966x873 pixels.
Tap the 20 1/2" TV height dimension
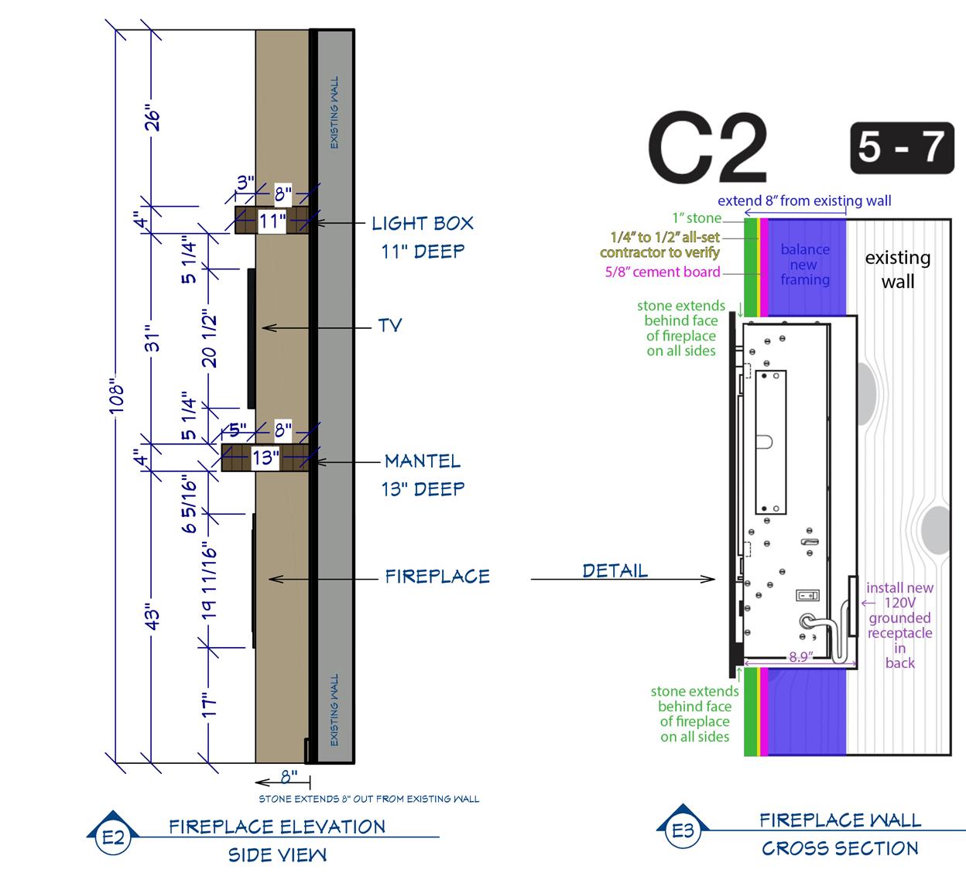coord(210,338)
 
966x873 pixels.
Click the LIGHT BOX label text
coord(422,224)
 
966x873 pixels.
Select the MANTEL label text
coord(422,461)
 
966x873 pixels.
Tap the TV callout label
coord(390,325)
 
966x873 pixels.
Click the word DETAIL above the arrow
coord(615,571)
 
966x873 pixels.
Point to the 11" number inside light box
coord(272,221)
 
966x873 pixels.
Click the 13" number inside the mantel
coord(265,457)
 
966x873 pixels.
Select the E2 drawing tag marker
coord(113,835)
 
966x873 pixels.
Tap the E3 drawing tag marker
coord(683,830)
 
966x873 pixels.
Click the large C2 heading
coord(707,149)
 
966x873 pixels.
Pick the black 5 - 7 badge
coord(902,146)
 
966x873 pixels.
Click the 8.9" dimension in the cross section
coord(800,657)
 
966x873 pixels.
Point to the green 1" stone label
coord(697,218)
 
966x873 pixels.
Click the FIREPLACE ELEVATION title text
coord(277,827)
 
